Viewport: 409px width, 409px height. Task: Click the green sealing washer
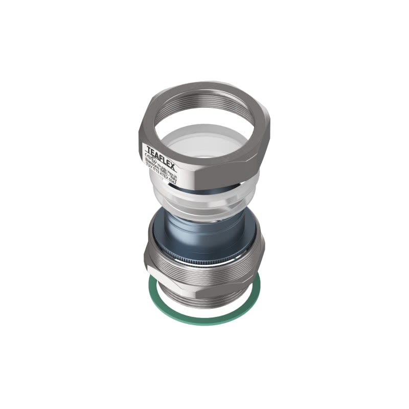tap(204, 320)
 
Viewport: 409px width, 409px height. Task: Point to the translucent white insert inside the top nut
tap(204, 148)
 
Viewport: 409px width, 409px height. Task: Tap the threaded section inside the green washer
tap(204, 302)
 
